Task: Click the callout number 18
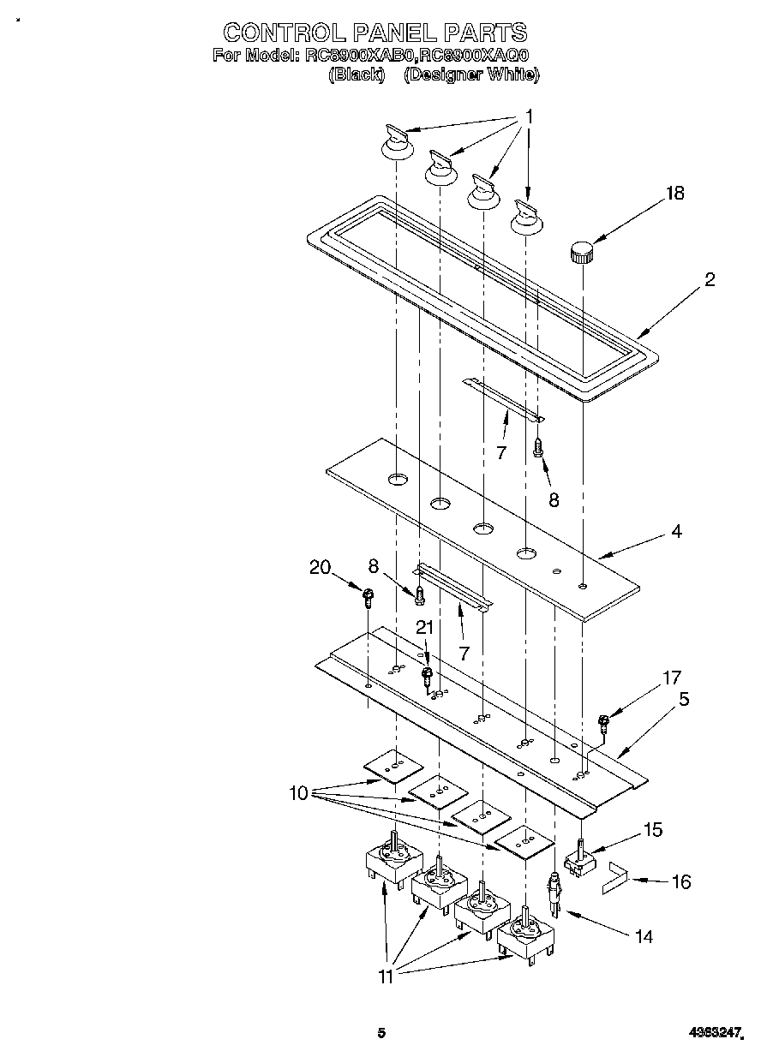pos(674,193)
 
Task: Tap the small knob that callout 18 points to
pos(582,252)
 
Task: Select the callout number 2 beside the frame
pos(710,279)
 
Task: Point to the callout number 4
pos(676,531)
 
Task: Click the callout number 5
pos(684,698)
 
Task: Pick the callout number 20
pos(320,567)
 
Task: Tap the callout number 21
pos(423,627)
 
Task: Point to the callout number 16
pos(681,881)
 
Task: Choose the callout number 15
pos(653,829)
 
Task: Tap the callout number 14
pos(643,937)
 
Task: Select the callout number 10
pos(297,793)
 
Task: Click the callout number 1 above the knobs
pos(529,116)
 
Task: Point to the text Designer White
pos(471,75)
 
